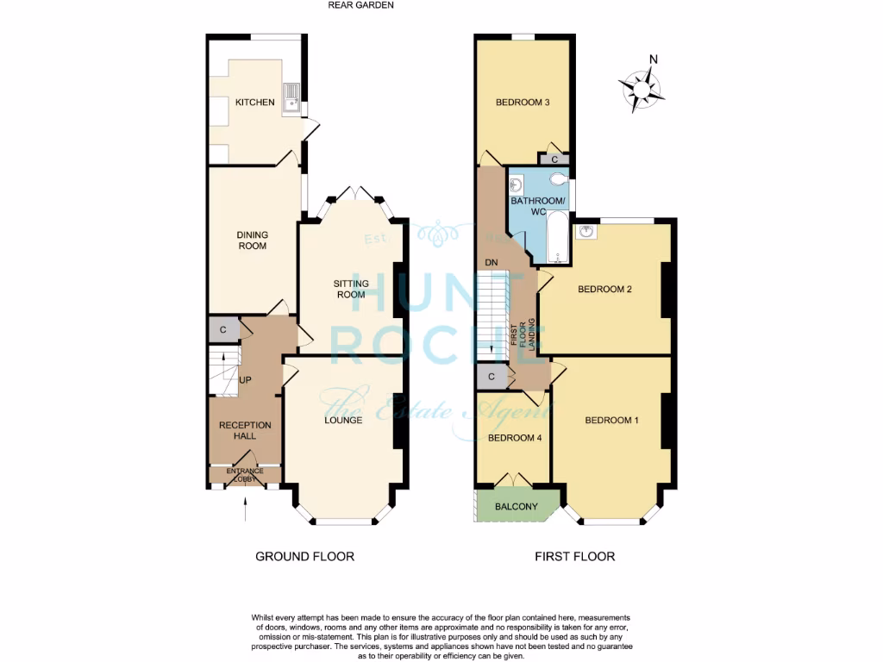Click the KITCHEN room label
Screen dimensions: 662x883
pyautogui.click(x=255, y=103)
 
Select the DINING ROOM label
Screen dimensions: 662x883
pyautogui.click(x=253, y=240)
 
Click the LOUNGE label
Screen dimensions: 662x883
pyautogui.click(x=343, y=421)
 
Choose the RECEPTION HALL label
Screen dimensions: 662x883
pyautogui.click(x=245, y=430)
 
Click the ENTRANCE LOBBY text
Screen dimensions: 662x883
pyautogui.click(x=246, y=475)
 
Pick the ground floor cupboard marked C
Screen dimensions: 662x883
pyautogui.click(x=222, y=329)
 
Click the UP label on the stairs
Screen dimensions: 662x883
pyautogui.click(x=245, y=380)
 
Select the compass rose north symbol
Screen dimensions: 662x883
pyautogui.click(x=641, y=86)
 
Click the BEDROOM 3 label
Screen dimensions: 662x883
pyautogui.click(x=523, y=103)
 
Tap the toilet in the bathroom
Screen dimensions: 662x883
pyautogui.click(x=560, y=179)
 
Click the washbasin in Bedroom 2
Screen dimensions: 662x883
pyautogui.click(x=587, y=231)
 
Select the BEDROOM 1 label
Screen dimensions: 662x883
pyautogui.click(x=611, y=421)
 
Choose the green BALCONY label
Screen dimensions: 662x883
pyautogui.click(x=515, y=507)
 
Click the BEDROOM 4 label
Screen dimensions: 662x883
pyautogui.click(x=515, y=438)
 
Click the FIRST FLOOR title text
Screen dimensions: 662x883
pyautogui.click(x=574, y=556)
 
